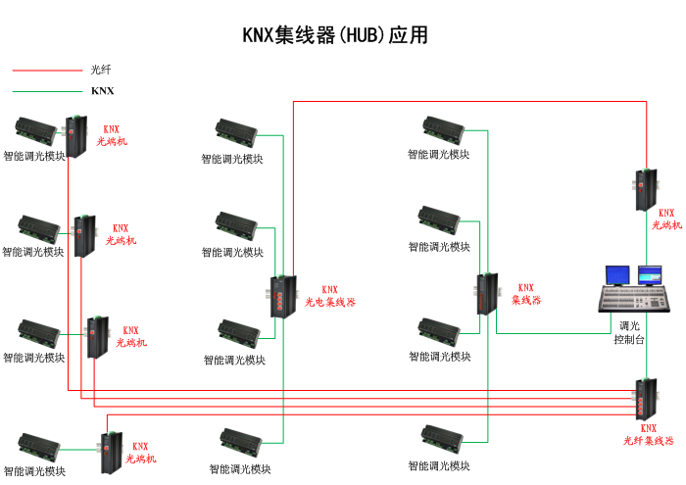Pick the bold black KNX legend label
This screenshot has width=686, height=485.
pyautogui.click(x=102, y=91)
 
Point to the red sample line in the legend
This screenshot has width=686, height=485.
pyautogui.click(x=47, y=70)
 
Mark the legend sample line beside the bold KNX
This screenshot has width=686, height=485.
pyautogui.click(x=47, y=91)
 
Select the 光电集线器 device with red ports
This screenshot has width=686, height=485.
pyautogui.click(x=282, y=295)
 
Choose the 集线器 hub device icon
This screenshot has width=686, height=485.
pyautogui.click(x=487, y=294)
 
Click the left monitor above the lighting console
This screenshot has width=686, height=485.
pyautogui.click(x=617, y=275)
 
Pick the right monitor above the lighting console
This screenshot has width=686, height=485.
pyautogui.click(x=650, y=274)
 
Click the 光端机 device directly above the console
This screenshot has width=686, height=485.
pyautogui.click(x=644, y=189)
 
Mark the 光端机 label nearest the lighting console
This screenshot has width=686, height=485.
pyautogui.click(x=666, y=218)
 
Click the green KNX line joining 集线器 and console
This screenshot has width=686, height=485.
pyautogui.click(x=549, y=333)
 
